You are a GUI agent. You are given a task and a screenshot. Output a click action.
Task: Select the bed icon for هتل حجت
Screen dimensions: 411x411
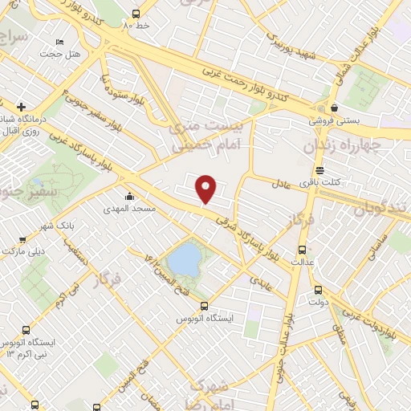pyautogui.click(x=59, y=42)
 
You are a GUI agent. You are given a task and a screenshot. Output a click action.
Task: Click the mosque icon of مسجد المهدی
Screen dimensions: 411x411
pyautogui.click(x=128, y=197)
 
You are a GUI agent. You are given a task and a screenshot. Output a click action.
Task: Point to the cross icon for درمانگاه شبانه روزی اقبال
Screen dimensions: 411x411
pyautogui.click(x=21, y=106)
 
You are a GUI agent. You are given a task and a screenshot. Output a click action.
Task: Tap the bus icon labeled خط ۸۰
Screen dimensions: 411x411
pyautogui.click(x=135, y=14)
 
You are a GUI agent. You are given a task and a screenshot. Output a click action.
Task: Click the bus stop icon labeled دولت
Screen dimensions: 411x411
pyautogui.click(x=318, y=290)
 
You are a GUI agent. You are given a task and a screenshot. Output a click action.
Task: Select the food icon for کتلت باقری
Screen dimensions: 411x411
pyautogui.click(x=320, y=170)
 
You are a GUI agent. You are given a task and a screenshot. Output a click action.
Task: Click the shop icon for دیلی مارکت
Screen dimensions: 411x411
pyautogui.click(x=22, y=238)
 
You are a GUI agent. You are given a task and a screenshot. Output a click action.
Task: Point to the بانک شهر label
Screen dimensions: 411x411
pyautogui.click(x=60, y=226)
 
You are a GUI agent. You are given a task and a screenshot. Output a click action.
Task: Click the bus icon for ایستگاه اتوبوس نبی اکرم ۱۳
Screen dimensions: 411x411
pyautogui.click(x=26, y=329)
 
